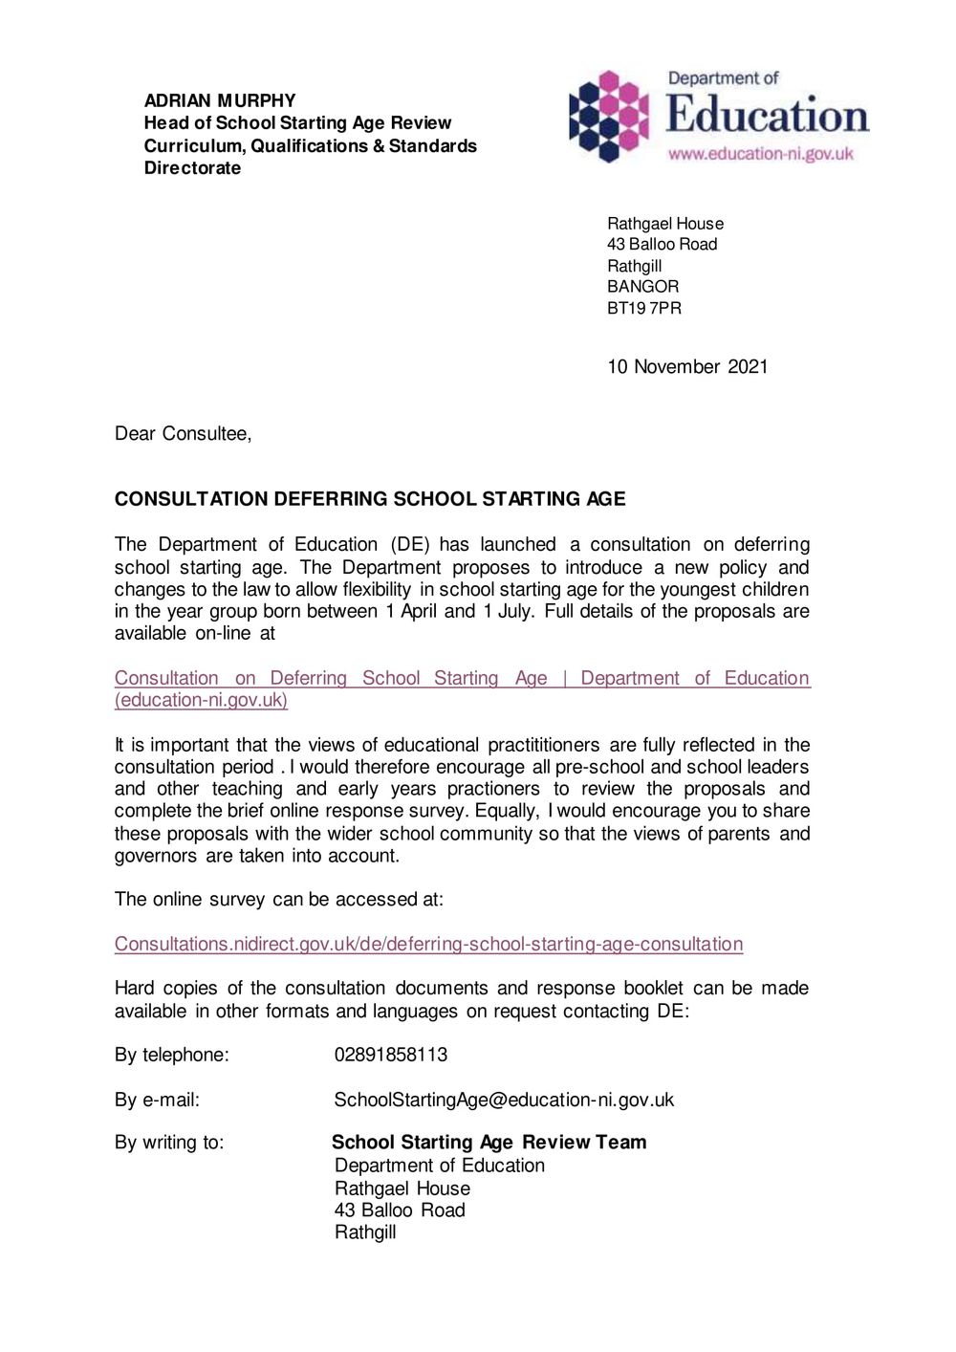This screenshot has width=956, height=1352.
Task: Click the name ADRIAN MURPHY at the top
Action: pyautogui.click(x=220, y=100)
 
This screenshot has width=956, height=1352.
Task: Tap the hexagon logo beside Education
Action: pyautogui.click(x=609, y=117)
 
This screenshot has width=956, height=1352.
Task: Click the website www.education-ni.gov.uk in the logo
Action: pyautogui.click(x=760, y=154)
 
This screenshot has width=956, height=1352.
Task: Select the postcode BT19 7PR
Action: pyautogui.click(x=644, y=308)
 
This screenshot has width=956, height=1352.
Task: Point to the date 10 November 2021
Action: pyautogui.click(x=687, y=367)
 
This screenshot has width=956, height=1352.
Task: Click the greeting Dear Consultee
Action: pyautogui.click(x=183, y=434)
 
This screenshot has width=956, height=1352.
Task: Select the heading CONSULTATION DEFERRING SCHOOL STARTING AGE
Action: pyautogui.click(x=370, y=499)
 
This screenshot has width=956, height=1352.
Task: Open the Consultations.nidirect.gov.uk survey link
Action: pyautogui.click(x=428, y=945)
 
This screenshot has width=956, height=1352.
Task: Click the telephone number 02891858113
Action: pyautogui.click(x=391, y=1055)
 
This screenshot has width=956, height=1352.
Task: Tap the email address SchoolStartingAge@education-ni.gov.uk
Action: pyautogui.click(x=504, y=1100)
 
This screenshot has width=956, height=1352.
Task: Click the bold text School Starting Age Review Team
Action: pyautogui.click(x=489, y=1143)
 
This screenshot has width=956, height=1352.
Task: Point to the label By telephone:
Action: pyautogui.click(x=172, y=1055)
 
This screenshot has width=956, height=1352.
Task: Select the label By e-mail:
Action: pyautogui.click(x=158, y=1100)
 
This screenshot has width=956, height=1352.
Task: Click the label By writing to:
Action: pyautogui.click(x=169, y=1143)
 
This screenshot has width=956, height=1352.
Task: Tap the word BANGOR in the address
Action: pyautogui.click(x=643, y=287)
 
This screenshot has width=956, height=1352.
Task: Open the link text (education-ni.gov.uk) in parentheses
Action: pyautogui.click(x=201, y=700)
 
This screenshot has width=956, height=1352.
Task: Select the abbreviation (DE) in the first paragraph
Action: pyautogui.click(x=410, y=545)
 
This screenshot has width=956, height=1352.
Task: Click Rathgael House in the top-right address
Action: pyautogui.click(x=665, y=224)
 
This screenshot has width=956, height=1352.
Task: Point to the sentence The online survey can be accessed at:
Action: pyautogui.click(x=279, y=900)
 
